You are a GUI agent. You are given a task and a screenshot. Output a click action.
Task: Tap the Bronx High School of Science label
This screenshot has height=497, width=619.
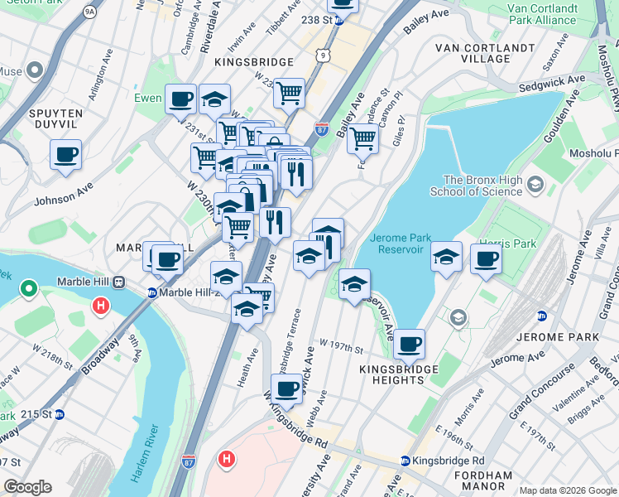coord(483,186)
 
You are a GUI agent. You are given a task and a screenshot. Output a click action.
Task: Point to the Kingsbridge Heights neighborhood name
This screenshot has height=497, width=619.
coord(392,373)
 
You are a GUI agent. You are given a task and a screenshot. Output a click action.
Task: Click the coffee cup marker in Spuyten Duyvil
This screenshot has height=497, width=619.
coord(65,154)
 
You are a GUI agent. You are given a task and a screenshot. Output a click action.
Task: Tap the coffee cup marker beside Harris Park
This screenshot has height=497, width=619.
coord(486,258)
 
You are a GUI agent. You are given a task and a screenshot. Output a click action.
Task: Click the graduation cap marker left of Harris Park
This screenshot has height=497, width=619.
coord(446,258)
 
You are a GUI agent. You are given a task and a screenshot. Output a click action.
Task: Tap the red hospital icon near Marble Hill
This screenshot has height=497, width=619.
coord(101,306)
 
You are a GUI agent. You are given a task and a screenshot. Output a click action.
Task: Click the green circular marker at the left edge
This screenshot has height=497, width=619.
coord(29,289)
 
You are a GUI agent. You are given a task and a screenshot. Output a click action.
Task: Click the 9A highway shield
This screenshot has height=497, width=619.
coord(89,13)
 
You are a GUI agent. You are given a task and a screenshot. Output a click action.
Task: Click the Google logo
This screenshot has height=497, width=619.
coord(27,487)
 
